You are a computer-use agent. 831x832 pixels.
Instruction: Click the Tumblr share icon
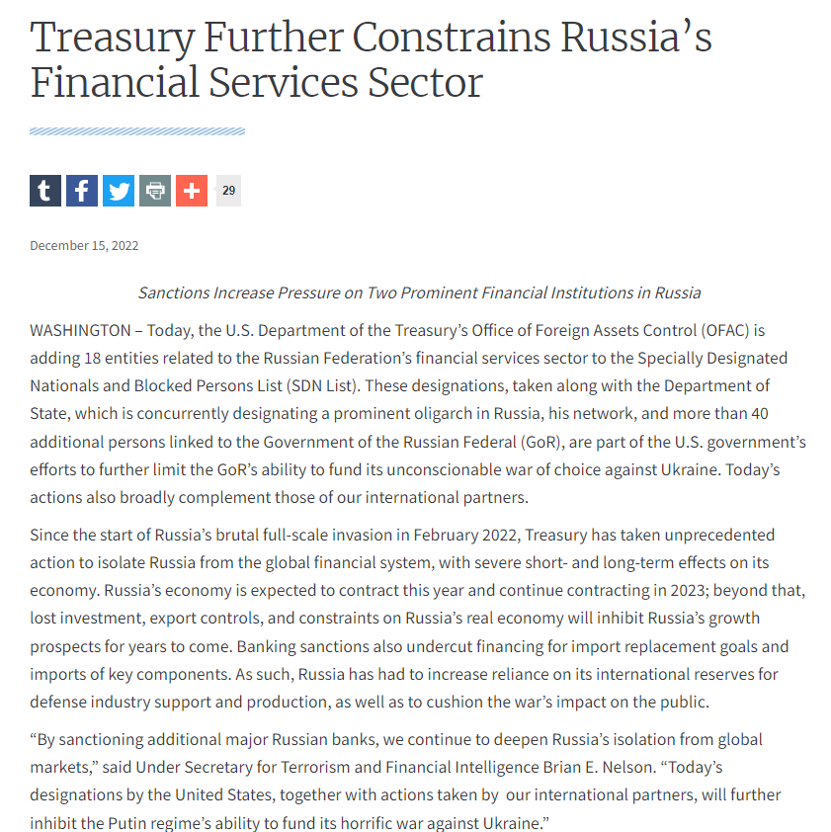click(45, 191)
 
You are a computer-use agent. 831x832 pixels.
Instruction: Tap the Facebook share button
click(82, 191)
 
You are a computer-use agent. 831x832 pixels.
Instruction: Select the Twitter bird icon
click(119, 191)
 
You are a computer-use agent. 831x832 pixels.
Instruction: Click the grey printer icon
click(155, 191)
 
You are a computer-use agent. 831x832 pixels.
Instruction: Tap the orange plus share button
click(192, 191)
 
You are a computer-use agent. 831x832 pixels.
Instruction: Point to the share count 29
click(228, 191)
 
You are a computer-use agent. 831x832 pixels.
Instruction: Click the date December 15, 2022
click(84, 246)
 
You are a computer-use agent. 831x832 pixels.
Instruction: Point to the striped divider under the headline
click(137, 131)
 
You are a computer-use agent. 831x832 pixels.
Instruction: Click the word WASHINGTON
click(80, 330)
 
